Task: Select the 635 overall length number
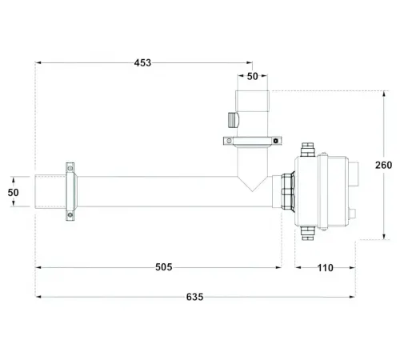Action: (194, 298)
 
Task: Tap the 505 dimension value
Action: (163, 267)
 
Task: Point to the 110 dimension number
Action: (325, 267)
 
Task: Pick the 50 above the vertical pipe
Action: (252, 76)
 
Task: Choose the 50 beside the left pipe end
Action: (13, 193)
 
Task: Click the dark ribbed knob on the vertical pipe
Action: (232, 121)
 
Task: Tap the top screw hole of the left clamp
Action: (70, 169)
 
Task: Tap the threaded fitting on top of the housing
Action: (305, 150)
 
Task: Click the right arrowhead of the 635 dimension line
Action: (354, 298)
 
